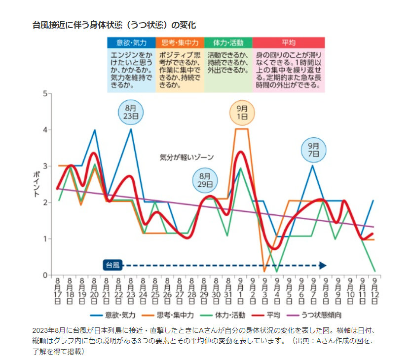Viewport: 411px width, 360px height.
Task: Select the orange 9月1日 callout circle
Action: [x=242, y=113]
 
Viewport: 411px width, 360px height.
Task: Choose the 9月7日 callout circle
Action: [x=314, y=150]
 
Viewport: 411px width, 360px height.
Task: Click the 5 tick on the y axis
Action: [x=45, y=94]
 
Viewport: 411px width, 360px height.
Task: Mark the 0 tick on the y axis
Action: [x=45, y=275]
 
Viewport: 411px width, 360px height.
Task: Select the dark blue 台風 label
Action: [x=112, y=265]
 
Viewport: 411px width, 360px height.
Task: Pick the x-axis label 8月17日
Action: [x=58, y=291]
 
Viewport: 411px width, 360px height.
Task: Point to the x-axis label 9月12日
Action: [x=375, y=291]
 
